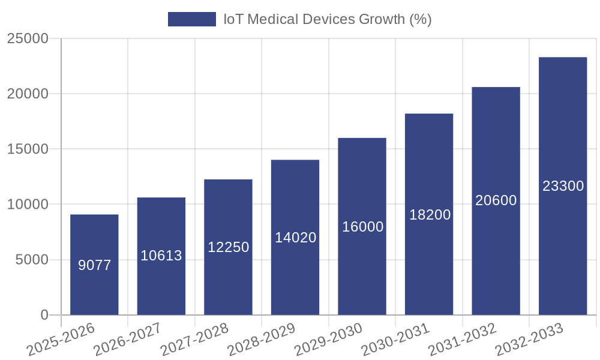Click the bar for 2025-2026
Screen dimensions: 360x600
94,264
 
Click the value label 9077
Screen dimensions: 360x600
95,265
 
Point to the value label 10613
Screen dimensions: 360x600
161,256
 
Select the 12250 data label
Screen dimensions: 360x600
229,247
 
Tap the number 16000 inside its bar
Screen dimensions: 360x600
362,227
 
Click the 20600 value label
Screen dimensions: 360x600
496,200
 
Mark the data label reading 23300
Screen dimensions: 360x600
563,186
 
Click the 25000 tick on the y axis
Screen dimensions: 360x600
27,39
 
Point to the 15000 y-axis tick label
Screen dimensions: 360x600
27,149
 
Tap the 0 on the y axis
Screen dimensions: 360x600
44,315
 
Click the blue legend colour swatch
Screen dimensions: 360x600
191,19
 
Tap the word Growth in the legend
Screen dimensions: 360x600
382,19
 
